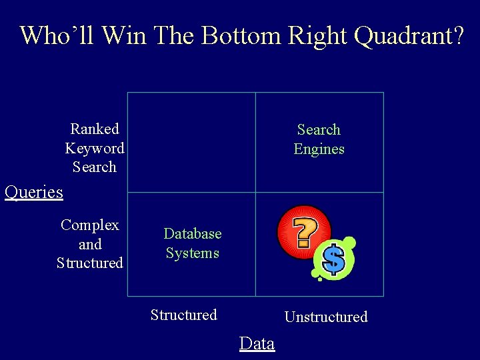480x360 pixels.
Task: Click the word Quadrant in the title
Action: (x=408, y=35)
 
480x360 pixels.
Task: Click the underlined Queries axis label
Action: (x=33, y=193)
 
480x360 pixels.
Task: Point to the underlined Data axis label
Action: (x=257, y=343)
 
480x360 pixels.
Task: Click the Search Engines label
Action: (x=319, y=139)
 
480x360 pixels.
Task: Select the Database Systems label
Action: (x=193, y=243)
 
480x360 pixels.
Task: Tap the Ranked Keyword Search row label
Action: (x=95, y=148)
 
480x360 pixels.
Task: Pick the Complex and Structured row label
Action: (x=90, y=244)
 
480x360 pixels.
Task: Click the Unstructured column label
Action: (x=326, y=317)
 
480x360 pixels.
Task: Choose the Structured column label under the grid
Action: (x=184, y=315)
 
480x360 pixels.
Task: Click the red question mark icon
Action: (x=304, y=231)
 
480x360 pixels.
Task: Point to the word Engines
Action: (x=319, y=149)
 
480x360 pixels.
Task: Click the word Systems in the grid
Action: (x=193, y=253)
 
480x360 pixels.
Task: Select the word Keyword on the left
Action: (x=95, y=148)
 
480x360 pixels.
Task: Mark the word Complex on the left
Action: (x=90, y=225)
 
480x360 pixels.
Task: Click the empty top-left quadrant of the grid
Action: (x=191, y=142)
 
